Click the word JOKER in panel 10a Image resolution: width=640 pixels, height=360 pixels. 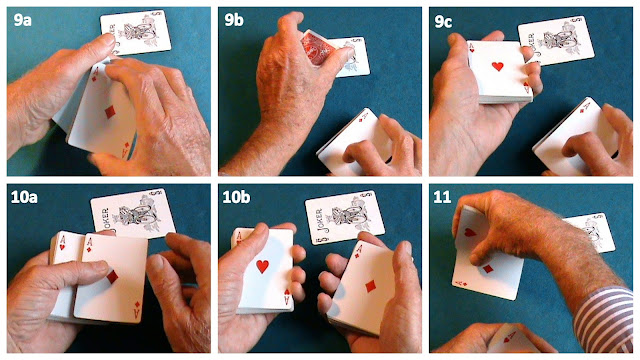(x=103, y=219)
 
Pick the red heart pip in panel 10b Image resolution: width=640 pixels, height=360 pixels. (x=262, y=266)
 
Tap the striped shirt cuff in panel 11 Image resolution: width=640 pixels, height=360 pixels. (x=609, y=320)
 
